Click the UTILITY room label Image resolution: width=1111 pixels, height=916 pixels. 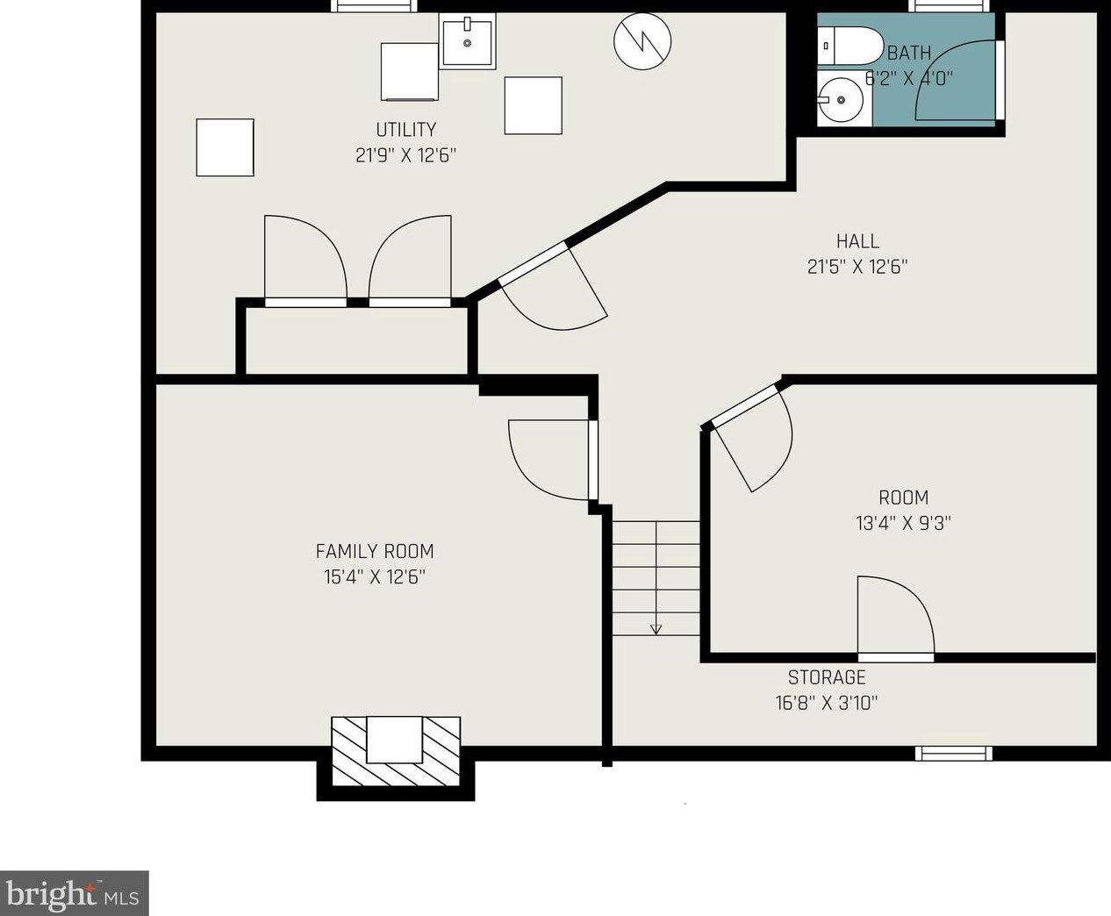tap(406, 130)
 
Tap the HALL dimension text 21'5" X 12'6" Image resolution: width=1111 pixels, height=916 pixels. tap(857, 267)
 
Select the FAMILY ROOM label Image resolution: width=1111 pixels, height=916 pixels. tap(375, 551)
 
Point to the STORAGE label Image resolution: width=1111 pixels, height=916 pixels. tap(827, 677)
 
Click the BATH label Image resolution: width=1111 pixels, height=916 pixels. tap(909, 54)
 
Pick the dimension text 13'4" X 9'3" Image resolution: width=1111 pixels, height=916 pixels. tap(903, 524)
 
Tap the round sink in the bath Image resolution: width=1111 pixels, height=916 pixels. tap(839, 99)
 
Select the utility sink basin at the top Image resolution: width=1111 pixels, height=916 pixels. tap(467, 41)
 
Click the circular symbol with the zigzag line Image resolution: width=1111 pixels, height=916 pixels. tap(642, 41)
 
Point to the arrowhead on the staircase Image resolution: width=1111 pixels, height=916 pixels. tap(656, 629)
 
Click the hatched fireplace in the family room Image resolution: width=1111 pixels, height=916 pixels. tap(395, 751)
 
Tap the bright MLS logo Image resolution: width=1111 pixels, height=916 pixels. tap(74, 893)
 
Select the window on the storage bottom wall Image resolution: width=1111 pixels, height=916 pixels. tap(954, 753)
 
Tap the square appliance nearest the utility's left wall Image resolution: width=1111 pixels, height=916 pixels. tap(225, 147)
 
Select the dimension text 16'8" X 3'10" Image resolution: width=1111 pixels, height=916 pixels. tap(827, 703)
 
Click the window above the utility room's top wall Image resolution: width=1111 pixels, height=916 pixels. tap(374, 6)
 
